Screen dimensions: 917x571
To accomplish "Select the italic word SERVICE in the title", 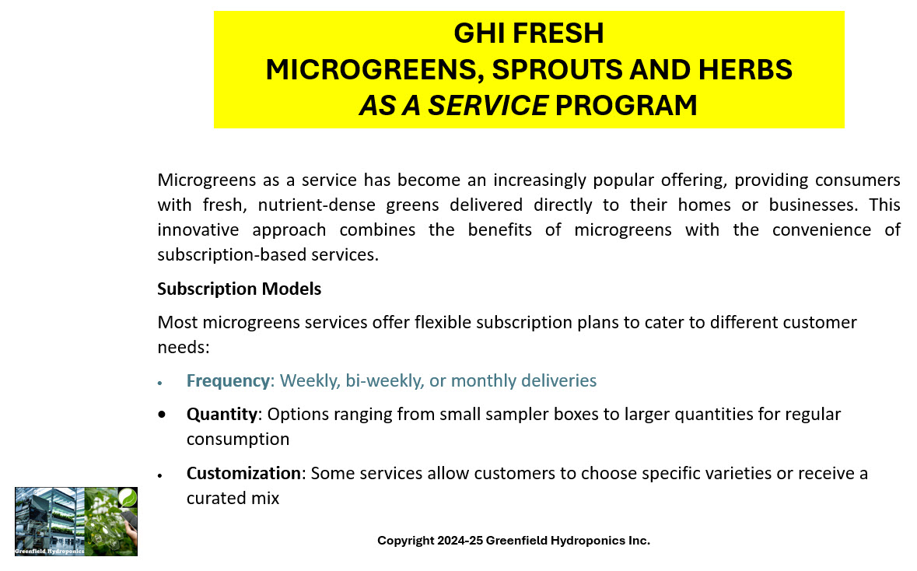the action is click(488, 106).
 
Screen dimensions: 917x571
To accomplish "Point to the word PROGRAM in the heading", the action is click(626, 106).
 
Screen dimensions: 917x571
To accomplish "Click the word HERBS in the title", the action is click(745, 69).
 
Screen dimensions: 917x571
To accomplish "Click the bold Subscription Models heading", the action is click(240, 289).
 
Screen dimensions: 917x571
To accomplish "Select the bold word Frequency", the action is click(228, 381).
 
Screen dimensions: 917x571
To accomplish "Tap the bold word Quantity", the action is click(222, 414).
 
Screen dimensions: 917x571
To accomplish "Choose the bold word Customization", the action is click(243, 473).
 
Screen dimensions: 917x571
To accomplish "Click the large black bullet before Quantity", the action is click(162, 414).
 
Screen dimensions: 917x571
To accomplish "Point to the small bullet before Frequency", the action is click(159, 384).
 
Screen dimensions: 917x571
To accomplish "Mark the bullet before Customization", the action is click(159, 475).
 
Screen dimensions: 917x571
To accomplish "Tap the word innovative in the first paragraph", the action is click(198, 230).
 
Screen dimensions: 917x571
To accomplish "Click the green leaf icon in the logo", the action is click(128, 498).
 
